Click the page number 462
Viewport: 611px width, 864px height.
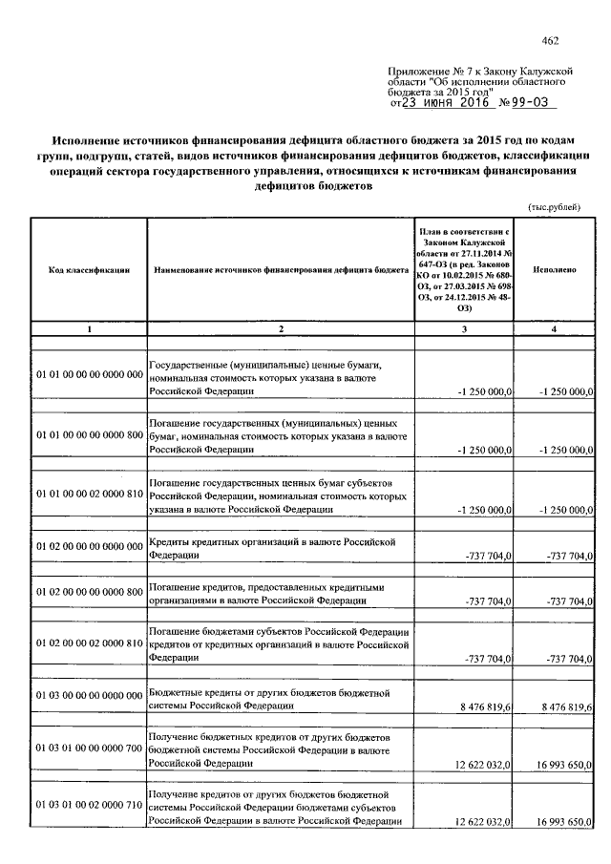click(549, 39)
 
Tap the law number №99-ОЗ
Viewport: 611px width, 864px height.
click(524, 103)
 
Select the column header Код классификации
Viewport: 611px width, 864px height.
click(89, 271)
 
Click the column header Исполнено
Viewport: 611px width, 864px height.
click(555, 271)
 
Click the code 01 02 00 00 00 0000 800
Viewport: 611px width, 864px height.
click(89, 591)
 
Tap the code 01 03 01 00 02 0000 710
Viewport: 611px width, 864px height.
click(89, 807)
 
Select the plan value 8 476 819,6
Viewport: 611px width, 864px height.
click(485, 706)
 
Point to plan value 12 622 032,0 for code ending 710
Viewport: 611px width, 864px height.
click(484, 821)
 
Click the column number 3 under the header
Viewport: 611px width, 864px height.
click(463, 329)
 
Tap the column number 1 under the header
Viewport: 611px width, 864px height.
click(89, 329)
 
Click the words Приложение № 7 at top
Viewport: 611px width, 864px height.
click(427, 72)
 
